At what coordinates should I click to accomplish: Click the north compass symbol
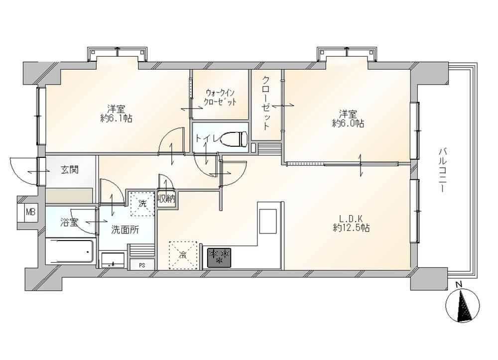tap(463, 305)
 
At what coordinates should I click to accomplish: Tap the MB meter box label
tap(30, 212)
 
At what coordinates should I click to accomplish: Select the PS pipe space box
tap(142, 265)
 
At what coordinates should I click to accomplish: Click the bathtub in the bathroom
tap(70, 252)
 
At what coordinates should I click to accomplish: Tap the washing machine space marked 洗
tap(142, 204)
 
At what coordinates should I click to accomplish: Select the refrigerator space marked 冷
tap(183, 255)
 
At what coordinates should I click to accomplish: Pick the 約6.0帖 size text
tap(348, 123)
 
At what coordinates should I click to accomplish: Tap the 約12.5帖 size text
tap(351, 228)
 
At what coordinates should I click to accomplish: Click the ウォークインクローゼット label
tap(221, 98)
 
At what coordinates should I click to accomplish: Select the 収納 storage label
tap(166, 199)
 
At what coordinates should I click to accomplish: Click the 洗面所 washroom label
tap(125, 230)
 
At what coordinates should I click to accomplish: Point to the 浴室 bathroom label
tap(69, 223)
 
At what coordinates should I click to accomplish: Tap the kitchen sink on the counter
tap(269, 221)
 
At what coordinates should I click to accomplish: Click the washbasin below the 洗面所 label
tap(113, 260)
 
